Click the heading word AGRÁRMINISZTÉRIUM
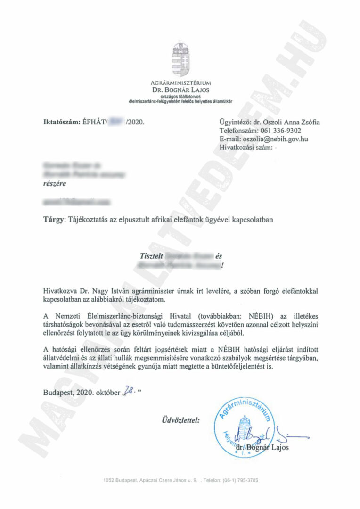(x=180, y=83)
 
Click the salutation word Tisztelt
(x=152, y=256)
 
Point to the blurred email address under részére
(x=78, y=202)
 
